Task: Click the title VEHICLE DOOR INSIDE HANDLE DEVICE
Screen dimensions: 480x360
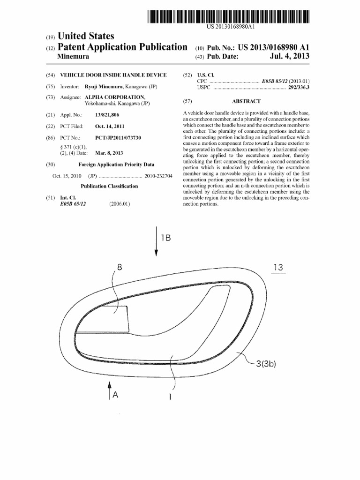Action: coord(113,75)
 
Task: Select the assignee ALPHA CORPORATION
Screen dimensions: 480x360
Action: coord(114,97)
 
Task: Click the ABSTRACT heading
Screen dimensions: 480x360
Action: coord(246,101)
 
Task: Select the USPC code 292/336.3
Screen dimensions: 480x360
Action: coord(299,87)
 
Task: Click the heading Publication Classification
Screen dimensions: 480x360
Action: coord(109,186)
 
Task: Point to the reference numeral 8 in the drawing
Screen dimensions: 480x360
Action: coord(120,268)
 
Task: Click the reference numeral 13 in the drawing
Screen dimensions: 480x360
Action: coord(278,268)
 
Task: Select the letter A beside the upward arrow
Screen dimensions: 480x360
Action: coord(115,395)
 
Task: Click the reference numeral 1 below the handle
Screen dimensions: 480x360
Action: coord(170,397)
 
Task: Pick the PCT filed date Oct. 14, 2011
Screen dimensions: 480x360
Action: coord(110,126)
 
